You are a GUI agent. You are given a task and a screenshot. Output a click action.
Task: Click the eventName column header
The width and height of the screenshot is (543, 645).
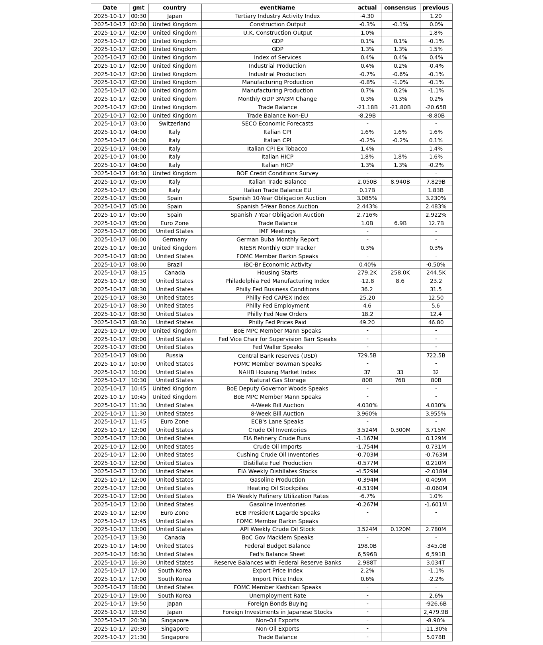pyautogui.click(x=277, y=8)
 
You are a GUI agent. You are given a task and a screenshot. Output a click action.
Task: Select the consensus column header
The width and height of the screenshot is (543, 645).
pyautogui.click(x=400, y=8)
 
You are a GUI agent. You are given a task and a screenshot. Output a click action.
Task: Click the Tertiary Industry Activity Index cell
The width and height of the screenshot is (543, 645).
pyautogui.click(x=277, y=16)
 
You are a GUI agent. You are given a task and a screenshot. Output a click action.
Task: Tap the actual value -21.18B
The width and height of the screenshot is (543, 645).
pyautogui.click(x=367, y=107)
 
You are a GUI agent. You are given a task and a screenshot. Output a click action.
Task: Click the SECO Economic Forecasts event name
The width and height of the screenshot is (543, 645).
pyautogui.click(x=277, y=124)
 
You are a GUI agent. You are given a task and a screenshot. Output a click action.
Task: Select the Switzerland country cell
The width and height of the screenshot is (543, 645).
pyautogui.click(x=174, y=124)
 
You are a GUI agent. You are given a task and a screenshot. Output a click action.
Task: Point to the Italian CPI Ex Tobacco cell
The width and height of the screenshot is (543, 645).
pyautogui.click(x=277, y=149)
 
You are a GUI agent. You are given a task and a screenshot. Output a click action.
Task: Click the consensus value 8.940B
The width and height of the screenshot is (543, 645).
pyautogui.click(x=400, y=182)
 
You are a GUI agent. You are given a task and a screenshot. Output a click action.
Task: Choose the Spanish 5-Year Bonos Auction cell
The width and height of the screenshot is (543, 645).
pyautogui.click(x=277, y=207)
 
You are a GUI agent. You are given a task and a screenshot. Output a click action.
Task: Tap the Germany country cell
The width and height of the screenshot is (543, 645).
pyautogui.click(x=174, y=240)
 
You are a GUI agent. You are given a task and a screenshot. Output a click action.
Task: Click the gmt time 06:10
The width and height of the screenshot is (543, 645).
pyautogui.click(x=139, y=248)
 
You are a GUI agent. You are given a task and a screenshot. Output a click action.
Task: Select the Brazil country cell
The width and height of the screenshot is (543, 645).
pyautogui.click(x=174, y=265)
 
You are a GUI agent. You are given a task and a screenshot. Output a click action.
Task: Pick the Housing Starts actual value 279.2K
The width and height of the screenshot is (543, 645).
pyautogui.click(x=367, y=273)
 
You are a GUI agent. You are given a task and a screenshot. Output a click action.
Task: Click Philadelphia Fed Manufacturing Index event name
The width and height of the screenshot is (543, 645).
pyautogui.click(x=277, y=281)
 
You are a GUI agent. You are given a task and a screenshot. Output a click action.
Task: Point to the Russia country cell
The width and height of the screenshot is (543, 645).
pyautogui.click(x=174, y=356)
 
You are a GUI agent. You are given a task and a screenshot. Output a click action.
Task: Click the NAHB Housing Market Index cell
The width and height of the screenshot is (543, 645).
pyautogui.click(x=277, y=372)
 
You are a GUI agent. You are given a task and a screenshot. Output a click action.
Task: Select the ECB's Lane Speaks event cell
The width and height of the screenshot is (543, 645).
pyautogui.click(x=277, y=422)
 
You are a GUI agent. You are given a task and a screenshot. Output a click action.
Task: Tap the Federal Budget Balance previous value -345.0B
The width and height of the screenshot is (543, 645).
pyautogui.click(x=436, y=546)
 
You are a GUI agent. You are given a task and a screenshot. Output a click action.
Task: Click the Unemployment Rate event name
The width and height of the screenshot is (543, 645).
pyautogui.click(x=277, y=596)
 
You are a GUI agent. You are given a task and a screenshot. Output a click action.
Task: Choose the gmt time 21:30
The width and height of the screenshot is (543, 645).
pyautogui.click(x=139, y=637)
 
